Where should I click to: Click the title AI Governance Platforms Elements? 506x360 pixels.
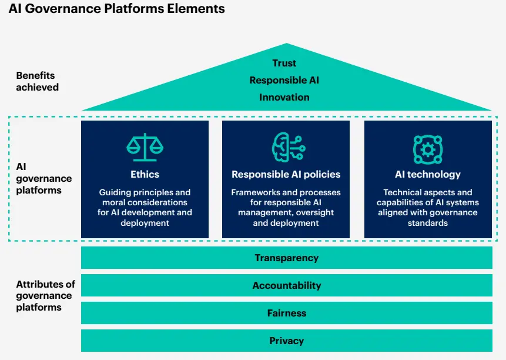(x=116, y=9)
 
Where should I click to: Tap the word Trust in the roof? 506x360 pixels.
(x=284, y=64)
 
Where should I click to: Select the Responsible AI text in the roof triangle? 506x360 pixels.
(x=284, y=80)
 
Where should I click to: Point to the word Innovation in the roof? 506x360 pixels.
(x=284, y=97)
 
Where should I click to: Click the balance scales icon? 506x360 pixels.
(x=145, y=148)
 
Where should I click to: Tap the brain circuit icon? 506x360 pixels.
(x=286, y=148)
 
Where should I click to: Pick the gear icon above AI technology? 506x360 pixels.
(x=428, y=149)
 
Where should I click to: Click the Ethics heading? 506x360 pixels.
(x=145, y=174)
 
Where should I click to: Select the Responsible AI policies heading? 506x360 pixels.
(x=286, y=174)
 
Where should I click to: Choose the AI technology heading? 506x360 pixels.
(x=428, y=174)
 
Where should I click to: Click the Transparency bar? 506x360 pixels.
(x=287, y=258)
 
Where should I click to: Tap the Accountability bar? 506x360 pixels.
(x=287, y=285)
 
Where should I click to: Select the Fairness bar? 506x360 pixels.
(x=287, y=313)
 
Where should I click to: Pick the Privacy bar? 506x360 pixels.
(x=287, y=341)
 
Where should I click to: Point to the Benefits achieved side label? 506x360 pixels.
(x=38, y=81)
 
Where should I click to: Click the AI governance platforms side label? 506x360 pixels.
(x=43, y=178)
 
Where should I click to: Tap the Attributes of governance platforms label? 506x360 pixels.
(x=45, y=295)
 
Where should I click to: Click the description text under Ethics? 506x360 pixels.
(x=145, y=208)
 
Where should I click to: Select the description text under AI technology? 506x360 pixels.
(x=428, y=208)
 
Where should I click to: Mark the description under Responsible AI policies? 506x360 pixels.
(x=286, y=208)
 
